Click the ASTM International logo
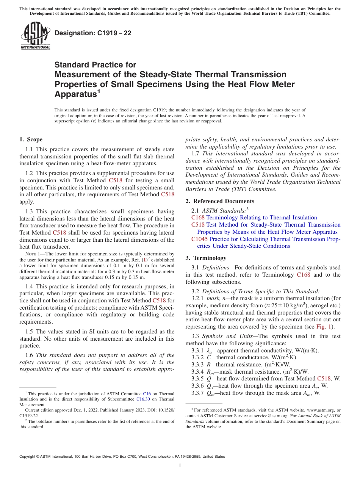tap(35, 36)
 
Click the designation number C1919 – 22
tap(93, 33)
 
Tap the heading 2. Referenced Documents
tap(220, 201)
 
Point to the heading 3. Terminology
tap(206, 258)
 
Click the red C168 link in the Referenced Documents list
tap(198, 218)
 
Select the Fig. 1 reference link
tap(325, 327)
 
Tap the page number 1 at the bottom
tap(180, 466)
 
